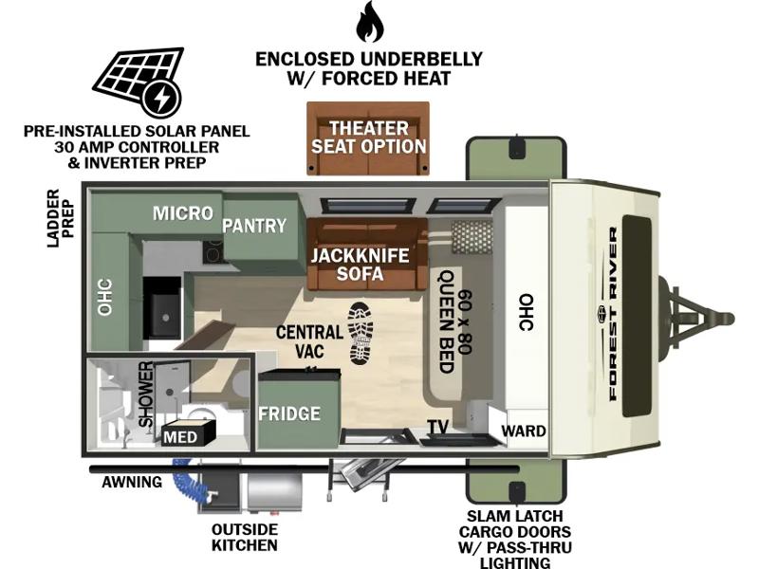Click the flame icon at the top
click(x=370, y=21)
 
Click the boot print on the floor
click(x=361, y=334)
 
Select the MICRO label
click(x=183, y=212)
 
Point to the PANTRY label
click(x=254, y=226)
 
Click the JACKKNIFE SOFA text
click(x=361, y=265)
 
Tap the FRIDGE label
click(x=289, y=413)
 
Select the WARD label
click(x=524, y=431)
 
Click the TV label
click(x=438, y=427)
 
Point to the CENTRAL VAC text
click(x=310, y=341)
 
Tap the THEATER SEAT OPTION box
click(x=368, y=138)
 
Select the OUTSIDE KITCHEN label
click(x=245, y=537)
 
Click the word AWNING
click(x=132, y=482)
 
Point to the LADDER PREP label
click(x=61, y=218)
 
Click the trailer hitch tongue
click(x=697, y=319)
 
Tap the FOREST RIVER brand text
click(x=613, y=314)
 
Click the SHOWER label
click(x=146, y=395)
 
